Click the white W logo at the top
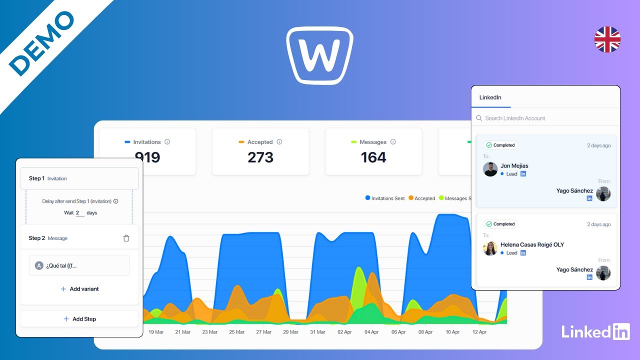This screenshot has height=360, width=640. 320,55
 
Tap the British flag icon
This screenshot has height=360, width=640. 607,39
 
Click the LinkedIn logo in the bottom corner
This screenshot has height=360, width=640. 595,331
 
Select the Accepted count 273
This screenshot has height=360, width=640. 260,157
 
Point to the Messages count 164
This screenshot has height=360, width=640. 373,157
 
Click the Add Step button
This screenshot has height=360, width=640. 79,319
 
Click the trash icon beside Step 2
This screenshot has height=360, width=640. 126,238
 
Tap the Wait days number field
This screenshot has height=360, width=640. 79,213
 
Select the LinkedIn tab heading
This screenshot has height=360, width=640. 490,97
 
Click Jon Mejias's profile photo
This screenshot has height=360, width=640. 490,169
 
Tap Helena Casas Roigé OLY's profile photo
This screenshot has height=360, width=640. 490,248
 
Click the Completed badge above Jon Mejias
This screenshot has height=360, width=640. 500,145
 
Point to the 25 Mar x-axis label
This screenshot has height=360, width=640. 236,332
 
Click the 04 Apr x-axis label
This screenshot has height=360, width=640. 371,332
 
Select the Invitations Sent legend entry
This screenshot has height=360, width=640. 385,198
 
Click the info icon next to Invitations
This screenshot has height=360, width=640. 167,142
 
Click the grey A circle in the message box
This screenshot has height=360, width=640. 39,265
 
